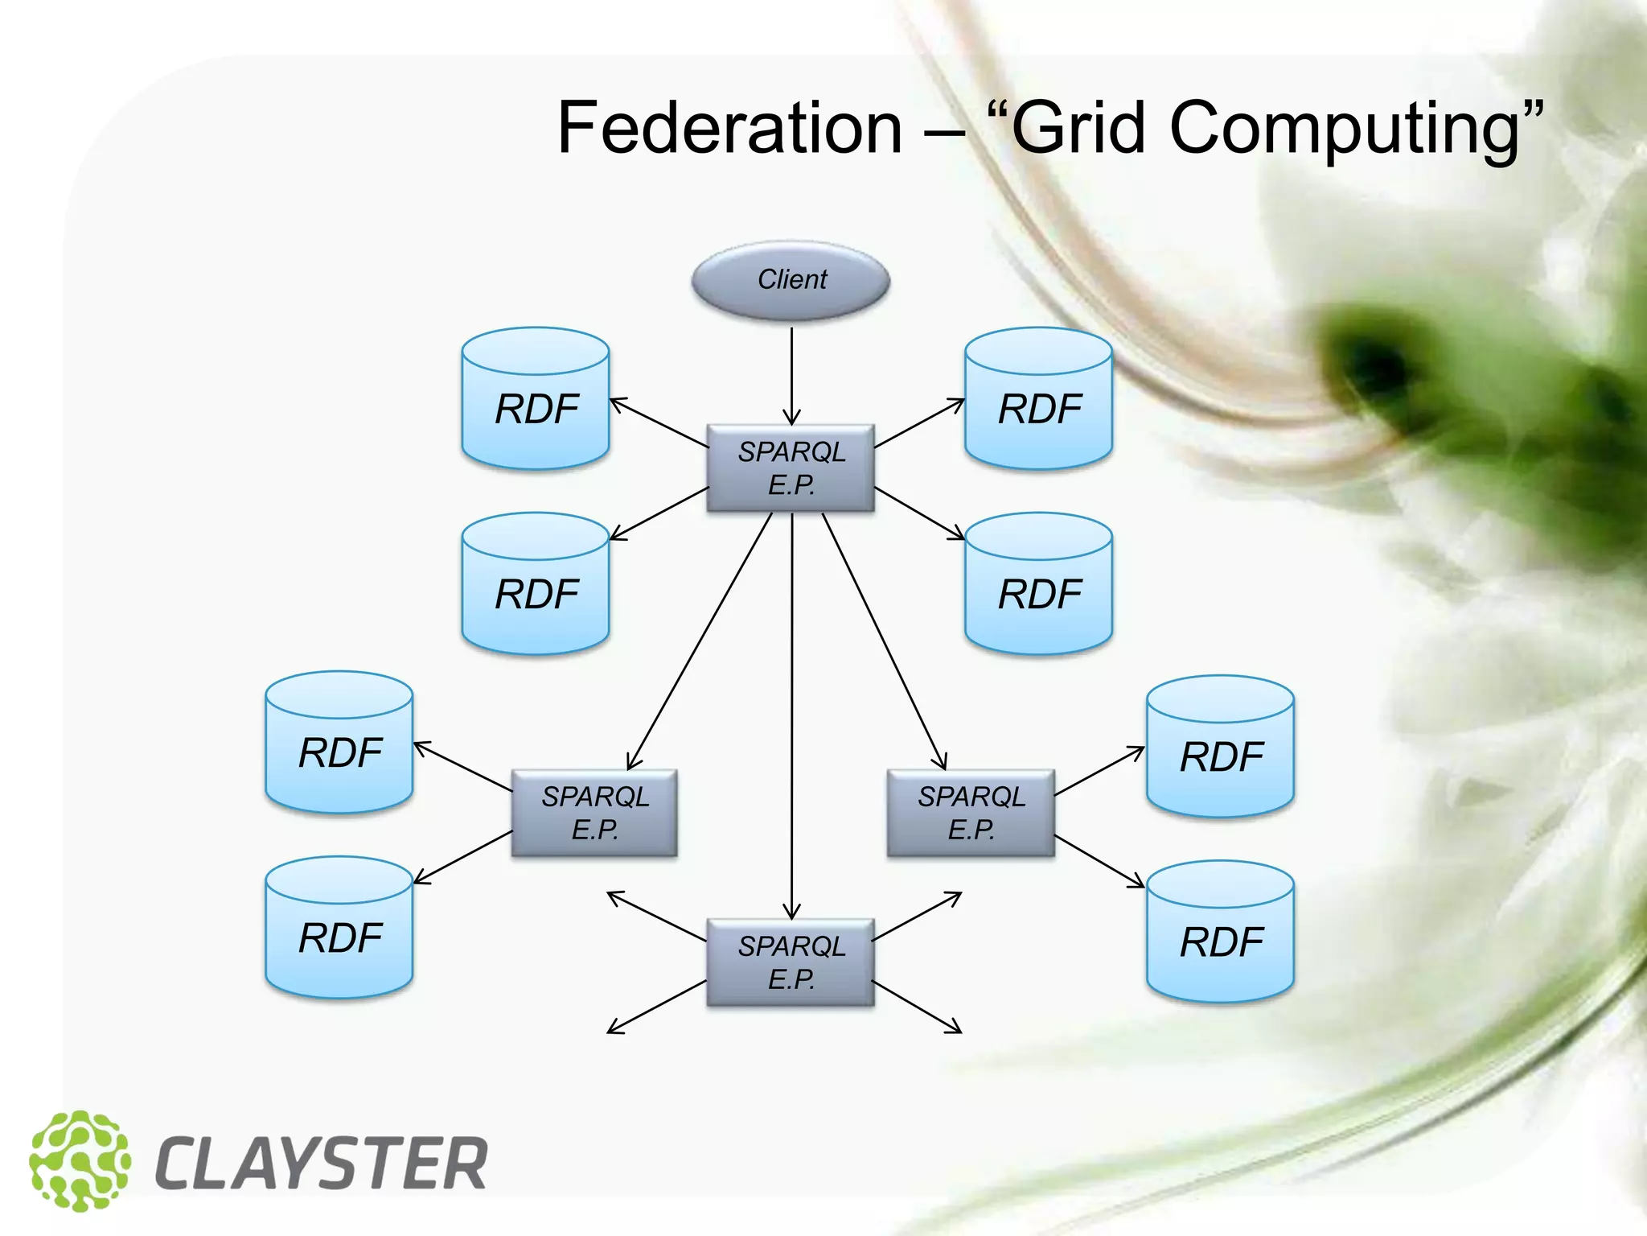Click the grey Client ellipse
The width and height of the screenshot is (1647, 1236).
tap(791, 280)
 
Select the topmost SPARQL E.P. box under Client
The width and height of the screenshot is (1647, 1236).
tap(791, 468)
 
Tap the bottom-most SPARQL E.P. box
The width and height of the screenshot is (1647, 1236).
tap(791, 962)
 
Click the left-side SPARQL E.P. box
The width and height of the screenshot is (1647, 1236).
tap(594, 813)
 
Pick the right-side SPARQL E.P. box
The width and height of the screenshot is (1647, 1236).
tap(971, 813)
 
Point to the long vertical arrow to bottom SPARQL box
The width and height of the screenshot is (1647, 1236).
tap(792, 724)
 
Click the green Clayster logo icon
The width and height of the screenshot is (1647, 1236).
tap(80, 1160)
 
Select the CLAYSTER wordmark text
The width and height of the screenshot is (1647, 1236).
tap(321, 1164)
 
